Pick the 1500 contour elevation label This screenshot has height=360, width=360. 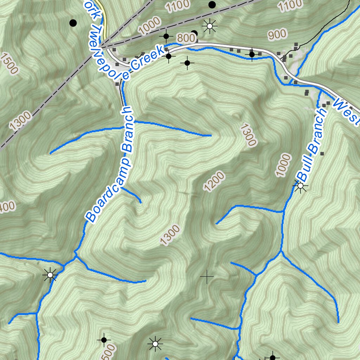[9, 63]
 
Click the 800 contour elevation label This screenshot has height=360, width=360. [185, 38]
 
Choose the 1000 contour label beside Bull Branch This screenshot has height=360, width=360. [283, 165]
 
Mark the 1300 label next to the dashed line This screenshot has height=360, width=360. [20, 120]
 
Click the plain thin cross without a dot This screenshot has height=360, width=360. [207, 277]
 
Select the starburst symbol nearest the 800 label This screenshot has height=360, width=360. [210, 26]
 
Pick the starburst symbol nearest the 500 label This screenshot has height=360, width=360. [155, 343]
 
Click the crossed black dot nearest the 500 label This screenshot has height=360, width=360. [104, 340]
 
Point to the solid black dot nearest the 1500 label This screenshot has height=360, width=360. [73, 23]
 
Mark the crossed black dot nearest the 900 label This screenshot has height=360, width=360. [252, 54]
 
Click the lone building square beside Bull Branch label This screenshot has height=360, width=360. [322, 154]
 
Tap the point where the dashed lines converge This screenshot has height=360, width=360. [100, 47]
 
